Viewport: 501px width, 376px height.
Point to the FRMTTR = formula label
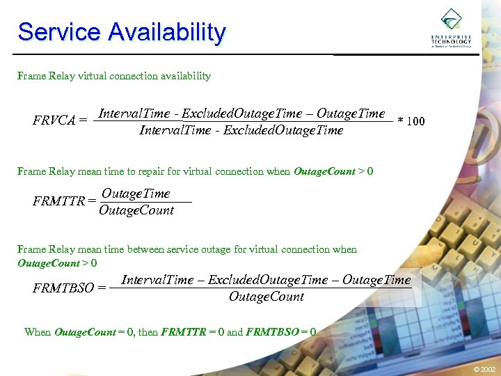coord(64,201)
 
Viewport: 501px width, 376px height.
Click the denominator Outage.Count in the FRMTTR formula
coord(136,210)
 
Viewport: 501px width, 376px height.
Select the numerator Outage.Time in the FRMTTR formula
coord(136,193)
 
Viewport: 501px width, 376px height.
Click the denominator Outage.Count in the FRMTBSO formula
coord(267,297)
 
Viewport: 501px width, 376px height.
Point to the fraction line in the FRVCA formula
coord(244,122)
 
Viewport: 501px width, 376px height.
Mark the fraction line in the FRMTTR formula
coord(145,202)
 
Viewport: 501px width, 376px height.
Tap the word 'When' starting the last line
coord(38,332)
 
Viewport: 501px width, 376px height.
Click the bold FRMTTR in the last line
coord(184,332)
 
